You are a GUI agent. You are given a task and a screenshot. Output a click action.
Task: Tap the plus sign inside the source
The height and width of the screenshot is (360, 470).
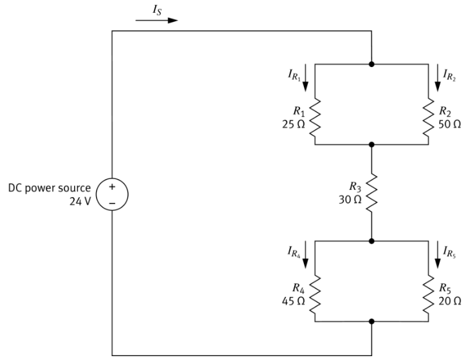click(113, 186)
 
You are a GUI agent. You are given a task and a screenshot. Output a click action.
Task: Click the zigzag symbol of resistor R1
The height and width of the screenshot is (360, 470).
click(314, 118)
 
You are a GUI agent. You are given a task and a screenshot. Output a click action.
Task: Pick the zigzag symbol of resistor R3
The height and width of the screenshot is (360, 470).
click(371, 191)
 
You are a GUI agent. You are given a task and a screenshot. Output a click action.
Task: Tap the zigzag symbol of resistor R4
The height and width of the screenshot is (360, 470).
click(314, 297)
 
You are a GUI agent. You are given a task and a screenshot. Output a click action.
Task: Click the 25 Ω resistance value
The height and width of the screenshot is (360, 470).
click(290, 124)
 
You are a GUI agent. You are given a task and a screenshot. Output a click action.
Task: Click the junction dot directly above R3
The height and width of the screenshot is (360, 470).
click(371, 145)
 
